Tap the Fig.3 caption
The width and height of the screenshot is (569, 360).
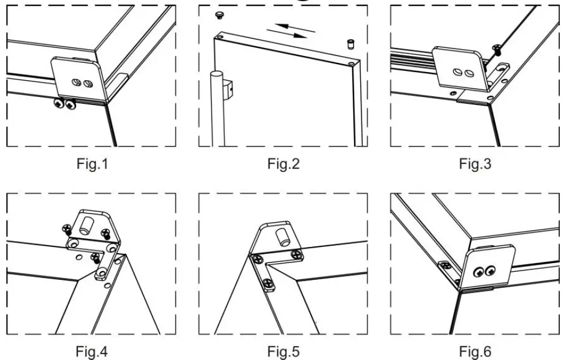point(475,164)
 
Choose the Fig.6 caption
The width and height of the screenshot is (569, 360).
point(475,351)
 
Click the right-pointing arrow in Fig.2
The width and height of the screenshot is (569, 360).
point(291,34)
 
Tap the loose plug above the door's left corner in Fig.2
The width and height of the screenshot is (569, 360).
point(220,14)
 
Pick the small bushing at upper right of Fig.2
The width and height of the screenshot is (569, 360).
point(349,44)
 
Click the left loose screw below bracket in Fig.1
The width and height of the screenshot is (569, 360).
point(59,104)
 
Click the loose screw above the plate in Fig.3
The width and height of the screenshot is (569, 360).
point(496,50)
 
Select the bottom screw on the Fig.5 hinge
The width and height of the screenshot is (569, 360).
point(268,283)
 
